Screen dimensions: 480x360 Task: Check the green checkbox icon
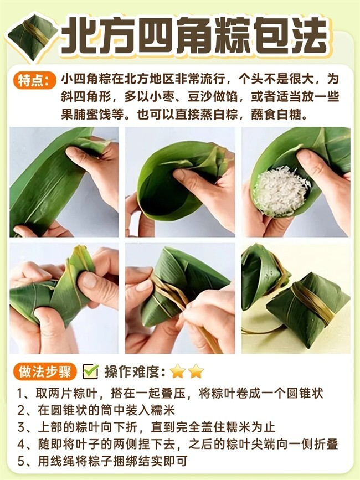(90, 371)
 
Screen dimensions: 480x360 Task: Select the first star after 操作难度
(178, 371)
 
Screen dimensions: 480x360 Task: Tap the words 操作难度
(135, 371)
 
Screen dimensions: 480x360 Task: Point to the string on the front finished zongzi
(312, 302)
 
